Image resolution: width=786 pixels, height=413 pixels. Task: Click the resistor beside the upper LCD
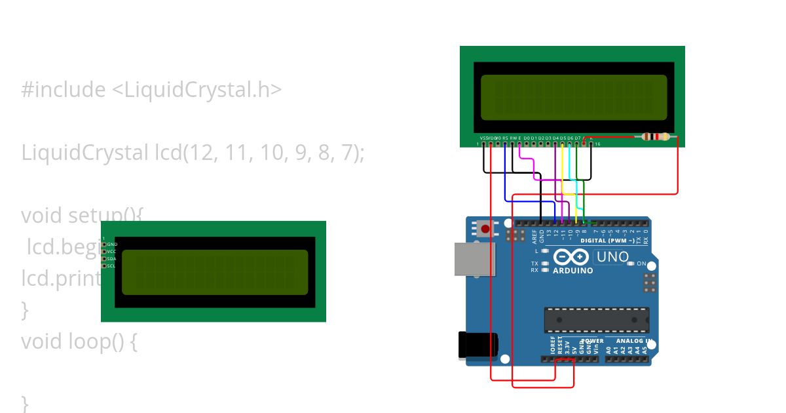[x=656, y=137]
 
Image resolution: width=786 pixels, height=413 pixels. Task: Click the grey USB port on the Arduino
[x=475, y=259]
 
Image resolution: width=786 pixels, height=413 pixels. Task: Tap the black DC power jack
[x=477, y=345]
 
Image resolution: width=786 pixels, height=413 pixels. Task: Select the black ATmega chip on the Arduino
[x=596, y=320]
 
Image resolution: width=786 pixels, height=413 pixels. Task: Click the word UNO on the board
[x=613, y=257]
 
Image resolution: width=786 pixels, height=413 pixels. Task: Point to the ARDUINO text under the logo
[x=573, y=270]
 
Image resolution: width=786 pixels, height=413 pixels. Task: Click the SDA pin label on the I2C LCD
[x=111, y=258]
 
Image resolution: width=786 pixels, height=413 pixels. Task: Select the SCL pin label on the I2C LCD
[x=111, y=265]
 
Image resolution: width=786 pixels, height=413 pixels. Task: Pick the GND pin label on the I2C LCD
[x=111, y=244]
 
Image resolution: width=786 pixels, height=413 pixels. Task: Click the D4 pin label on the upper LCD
[x=555, y=138]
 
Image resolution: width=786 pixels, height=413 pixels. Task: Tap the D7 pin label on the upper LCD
[x=577, y=138]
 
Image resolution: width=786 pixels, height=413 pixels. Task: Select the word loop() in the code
[x=102, y=342]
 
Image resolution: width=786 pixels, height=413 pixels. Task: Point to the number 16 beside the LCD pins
[x=597, y=144]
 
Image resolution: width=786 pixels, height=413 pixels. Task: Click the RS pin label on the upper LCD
[x=505, y=138]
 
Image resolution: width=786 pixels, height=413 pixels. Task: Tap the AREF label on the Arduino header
[x=534, y=236]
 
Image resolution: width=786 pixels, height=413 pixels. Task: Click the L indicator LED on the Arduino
[x=544, y=251]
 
